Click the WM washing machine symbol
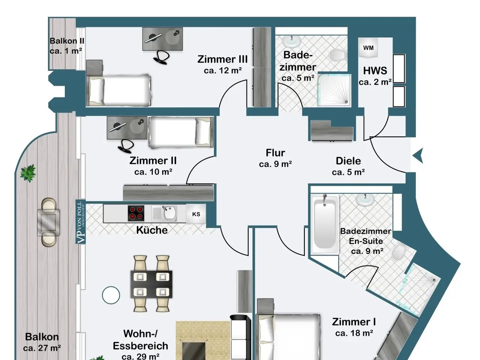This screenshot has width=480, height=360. [x=368, y=47]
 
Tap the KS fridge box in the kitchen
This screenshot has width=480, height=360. [x=196, y=214]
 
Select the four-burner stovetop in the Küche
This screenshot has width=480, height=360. [x=136, y=213]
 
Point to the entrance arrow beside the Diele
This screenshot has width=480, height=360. [x=418, y=155]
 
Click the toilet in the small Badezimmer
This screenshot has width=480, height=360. [x=338, y=55]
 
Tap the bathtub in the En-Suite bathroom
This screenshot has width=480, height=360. [x=325, y=224]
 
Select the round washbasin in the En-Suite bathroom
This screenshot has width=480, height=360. [x=365, y=199]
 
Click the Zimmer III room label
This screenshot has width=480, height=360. [x=222, y=59]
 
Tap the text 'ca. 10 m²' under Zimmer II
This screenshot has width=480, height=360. [x=153, y=172]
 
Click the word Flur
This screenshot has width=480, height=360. [x=275, y=153]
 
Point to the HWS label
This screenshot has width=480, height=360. [x=375, y=71]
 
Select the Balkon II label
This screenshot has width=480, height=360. [x=67, y=41]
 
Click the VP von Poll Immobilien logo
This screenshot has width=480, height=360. [x=81, y=222]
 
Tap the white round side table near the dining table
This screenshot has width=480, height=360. [x=111, y=295]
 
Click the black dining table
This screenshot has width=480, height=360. [x=151, y=284]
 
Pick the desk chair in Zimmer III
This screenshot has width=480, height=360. [x=162, y=57]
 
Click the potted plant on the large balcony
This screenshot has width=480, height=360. [x=28, y=173]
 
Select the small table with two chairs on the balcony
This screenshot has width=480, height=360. [x=48, y=222]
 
